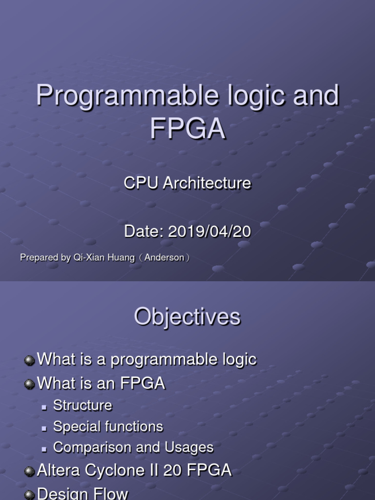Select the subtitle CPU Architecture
[187, 183]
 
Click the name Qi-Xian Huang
[104, 258]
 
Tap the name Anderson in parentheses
[165, 258]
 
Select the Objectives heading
[187, 317]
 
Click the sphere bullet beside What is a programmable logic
[30, 360]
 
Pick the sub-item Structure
[83, 405]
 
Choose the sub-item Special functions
[108, 426]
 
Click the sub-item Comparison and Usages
[133, 447]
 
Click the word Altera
[58, 471]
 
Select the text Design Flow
[83, 493]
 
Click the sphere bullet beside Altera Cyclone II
[30, 471]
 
